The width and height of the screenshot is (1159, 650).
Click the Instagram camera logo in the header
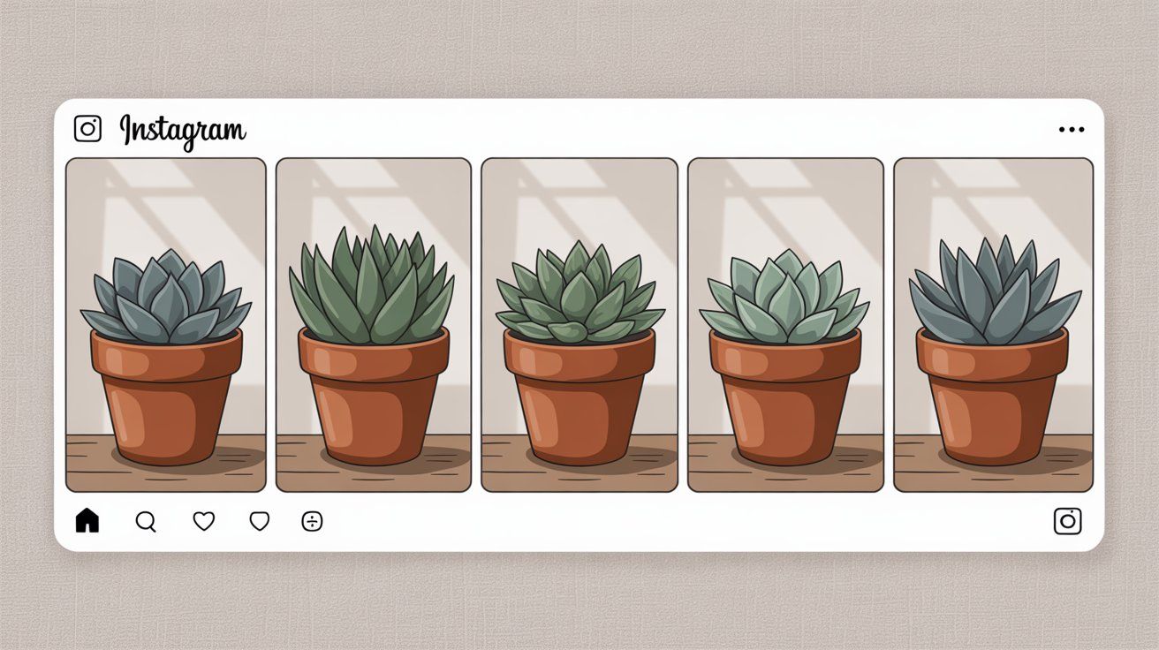(x=87, y=128)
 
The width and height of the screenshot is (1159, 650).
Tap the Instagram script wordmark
(x=183, y=132)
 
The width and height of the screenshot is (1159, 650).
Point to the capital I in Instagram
(x=125, y=129)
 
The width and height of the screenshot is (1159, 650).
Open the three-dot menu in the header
(x=1072, y=129)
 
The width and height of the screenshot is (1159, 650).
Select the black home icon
(x=87, y=520)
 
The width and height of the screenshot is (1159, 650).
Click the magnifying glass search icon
(x=146, y=522)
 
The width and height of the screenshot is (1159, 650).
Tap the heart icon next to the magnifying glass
(x=204, y=521)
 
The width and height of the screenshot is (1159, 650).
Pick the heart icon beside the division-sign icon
(x=259, y=521)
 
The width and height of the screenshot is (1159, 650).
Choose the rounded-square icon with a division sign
(x=312, y=521)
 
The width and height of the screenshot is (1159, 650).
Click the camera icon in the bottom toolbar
(x=1068, y=521)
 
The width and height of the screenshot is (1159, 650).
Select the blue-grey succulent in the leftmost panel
(x=166, y=299)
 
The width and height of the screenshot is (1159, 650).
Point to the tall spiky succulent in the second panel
(x=372, y=287)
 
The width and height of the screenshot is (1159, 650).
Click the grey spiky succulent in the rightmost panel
(x=995, y=292)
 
